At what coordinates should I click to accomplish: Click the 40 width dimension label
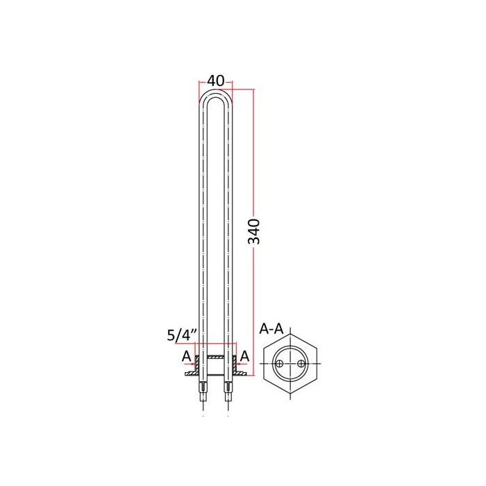[x=215, y=81]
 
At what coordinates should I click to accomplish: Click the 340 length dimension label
[x=254, y=231]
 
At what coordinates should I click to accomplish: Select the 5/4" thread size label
[x=182, y=335]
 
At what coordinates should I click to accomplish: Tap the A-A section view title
[x=271, y=329]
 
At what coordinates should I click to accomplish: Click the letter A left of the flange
[x=186, y=356]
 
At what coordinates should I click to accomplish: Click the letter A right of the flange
[x=244, y=356]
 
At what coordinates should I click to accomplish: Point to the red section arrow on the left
[x=190, y=364]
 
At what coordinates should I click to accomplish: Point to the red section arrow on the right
[x=242, y=364]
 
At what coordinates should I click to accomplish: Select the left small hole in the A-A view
[x=280, y=363]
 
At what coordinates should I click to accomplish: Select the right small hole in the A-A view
[x=301, y=363]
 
